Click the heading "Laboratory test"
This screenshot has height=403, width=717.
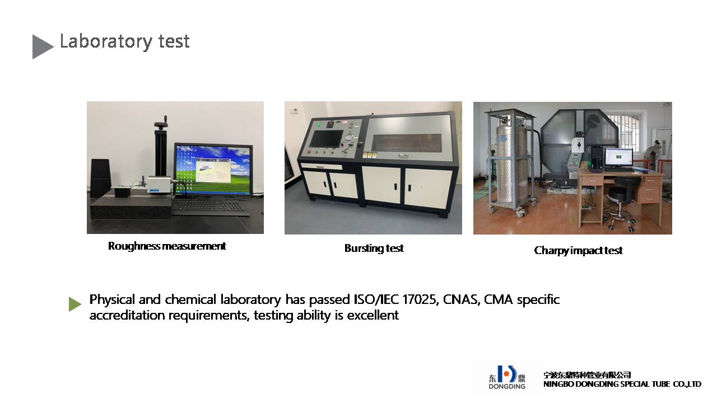pyautogui.click(x=124, y=42)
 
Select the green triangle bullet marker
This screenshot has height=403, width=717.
pyautogui.click(x=75, y=304)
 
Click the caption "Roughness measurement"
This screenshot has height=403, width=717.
pyautogui.click(x=167, y=246)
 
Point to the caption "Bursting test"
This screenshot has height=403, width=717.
pyautogui.click(x=374, y=248)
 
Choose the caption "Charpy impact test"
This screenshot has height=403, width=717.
pyautogui.click(x=579, y=250)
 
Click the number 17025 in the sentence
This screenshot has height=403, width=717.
pyautogui.click(x=420, y=299)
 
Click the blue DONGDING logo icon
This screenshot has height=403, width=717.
pyautogui.click(x=507, y=374)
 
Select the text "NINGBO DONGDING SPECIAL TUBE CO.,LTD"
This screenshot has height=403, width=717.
pyautogui.click(x=622, y=384)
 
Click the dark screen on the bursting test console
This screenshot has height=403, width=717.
pyautogui.click(x=327, y=139)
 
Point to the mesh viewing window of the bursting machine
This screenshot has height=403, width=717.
pyautogui.click(x=407, y=143)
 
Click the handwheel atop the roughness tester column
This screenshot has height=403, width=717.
pyautogui.click(x=161, y=123)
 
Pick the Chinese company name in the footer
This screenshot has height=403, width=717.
pyautogui.click(x=587, y=375)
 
